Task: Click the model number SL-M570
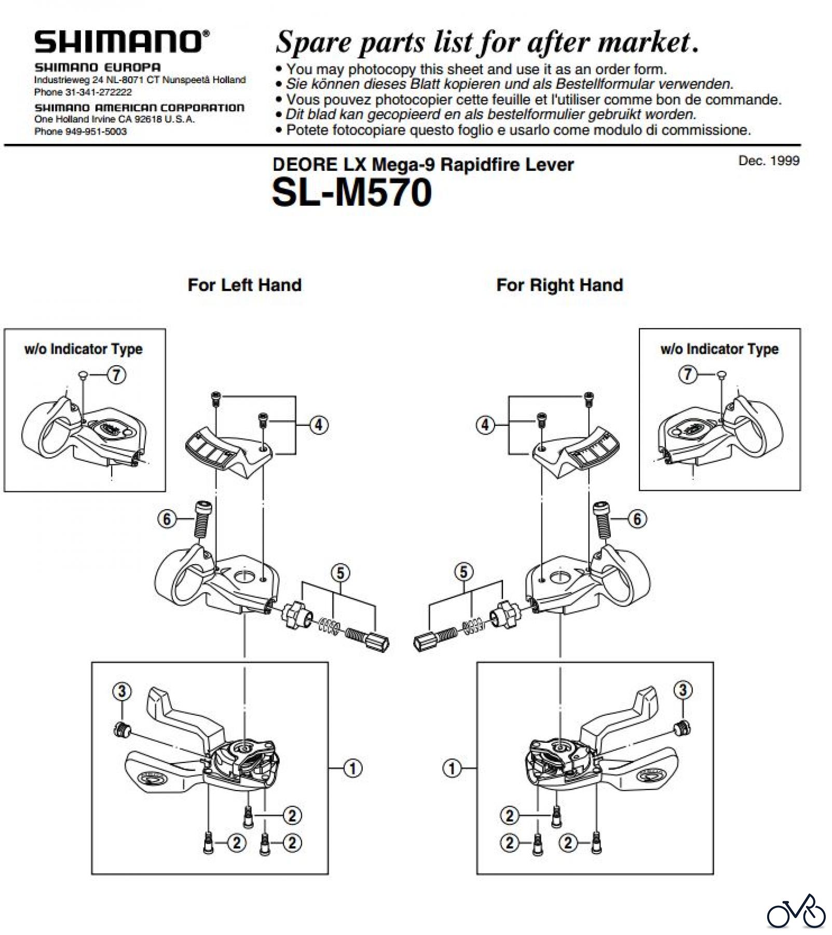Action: (351, 193)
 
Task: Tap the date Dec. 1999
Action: (768, 161)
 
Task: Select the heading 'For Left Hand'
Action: (244, 285)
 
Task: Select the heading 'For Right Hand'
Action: (560, 285)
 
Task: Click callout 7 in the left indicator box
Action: (116, 375)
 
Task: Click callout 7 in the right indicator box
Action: (688, 374)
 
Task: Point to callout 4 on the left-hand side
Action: (318, 425)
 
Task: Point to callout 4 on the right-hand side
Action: (485, 425)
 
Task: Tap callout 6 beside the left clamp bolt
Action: (167, 518)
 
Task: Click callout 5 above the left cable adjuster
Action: (340, 573)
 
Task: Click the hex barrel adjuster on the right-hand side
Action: (427, 640)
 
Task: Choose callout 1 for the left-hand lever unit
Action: (353, 768)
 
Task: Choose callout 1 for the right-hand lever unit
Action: (452, 768)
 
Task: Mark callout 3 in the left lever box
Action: (121, 691)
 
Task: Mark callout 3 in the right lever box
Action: (683, 690)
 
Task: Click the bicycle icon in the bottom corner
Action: (796, 913)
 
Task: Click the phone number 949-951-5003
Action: (96, 131)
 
